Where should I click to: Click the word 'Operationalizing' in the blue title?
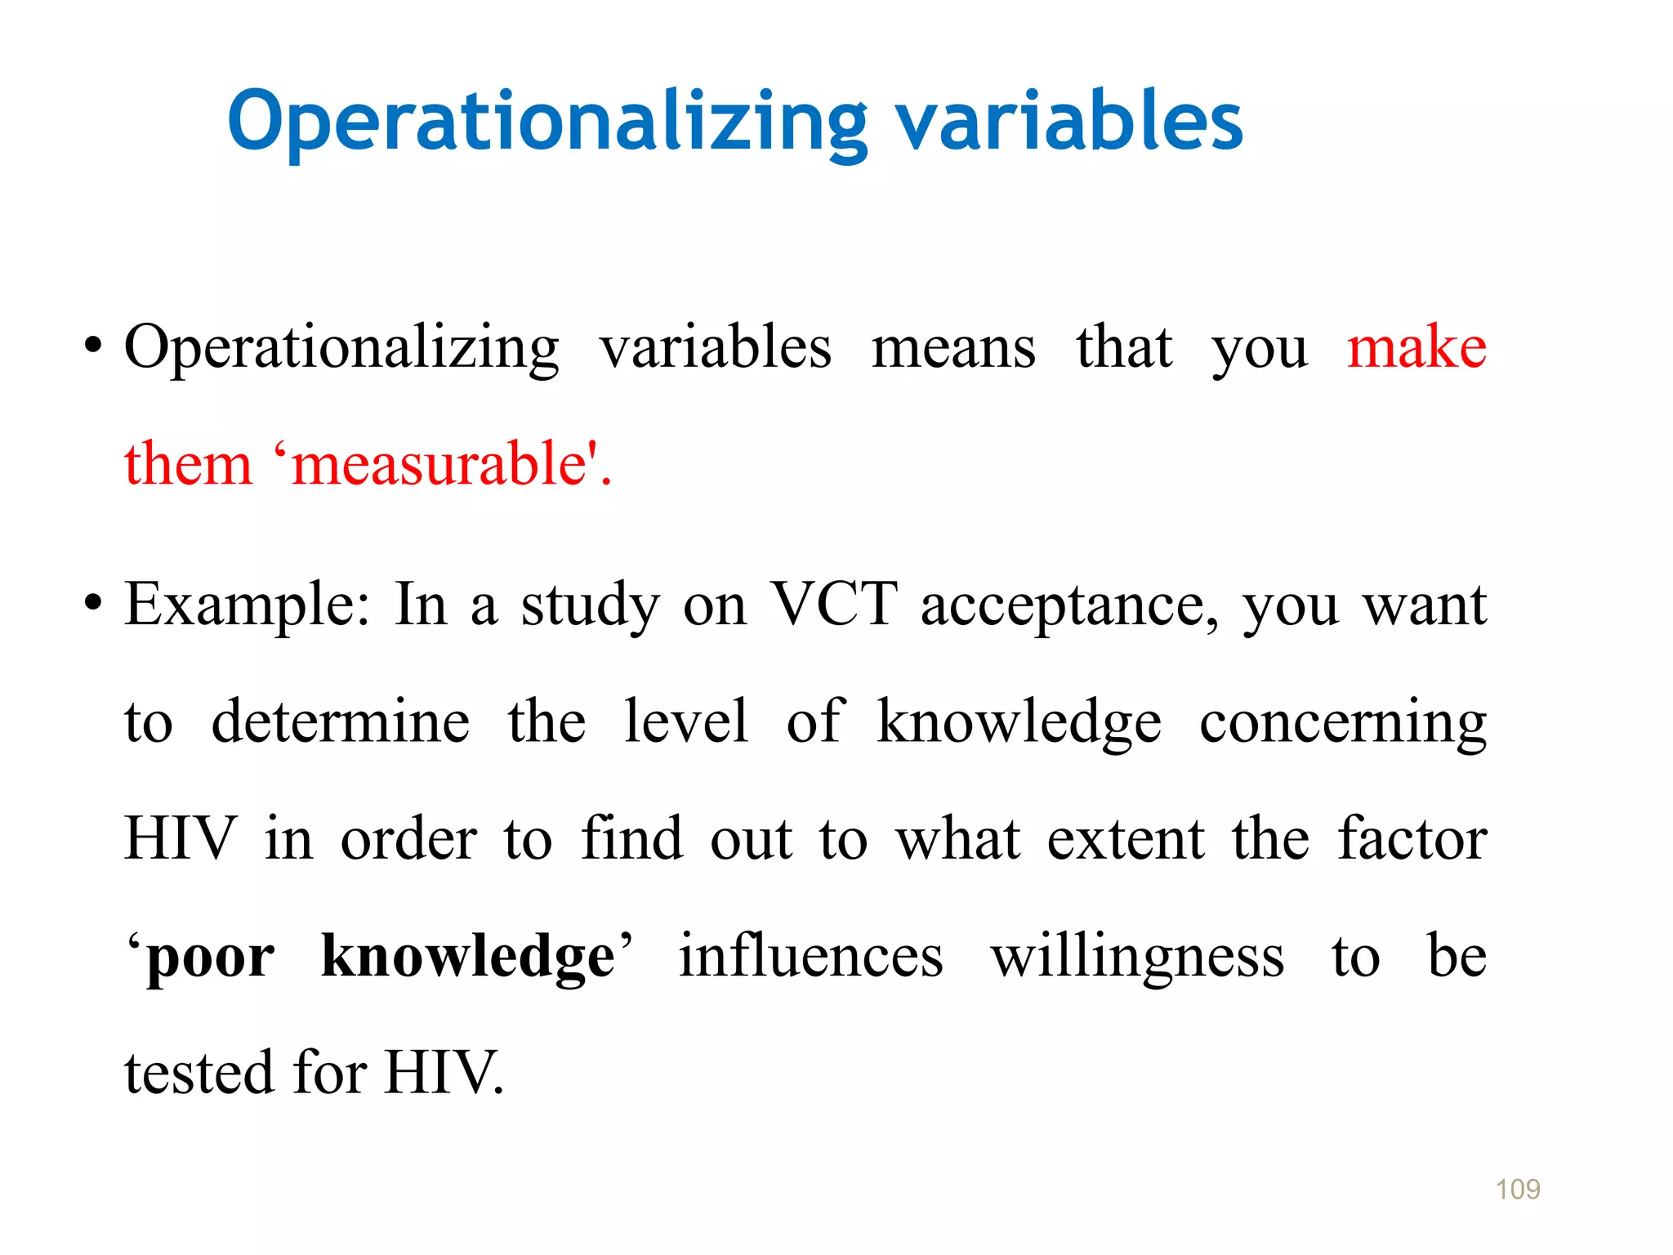pos(547,123)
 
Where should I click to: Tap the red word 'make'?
pos(1416,348)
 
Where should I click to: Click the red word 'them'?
pos(188,464)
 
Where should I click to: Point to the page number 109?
pos(1517,1190)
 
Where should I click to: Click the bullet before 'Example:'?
pos(92,605)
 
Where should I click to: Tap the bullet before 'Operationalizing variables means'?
pos(92,346)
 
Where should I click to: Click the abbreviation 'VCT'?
pos(834,605)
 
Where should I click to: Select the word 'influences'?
pos(810,956)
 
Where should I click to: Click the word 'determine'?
pos(340,722)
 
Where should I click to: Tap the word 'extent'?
pos(1126,840)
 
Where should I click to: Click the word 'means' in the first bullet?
pos(953,348)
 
